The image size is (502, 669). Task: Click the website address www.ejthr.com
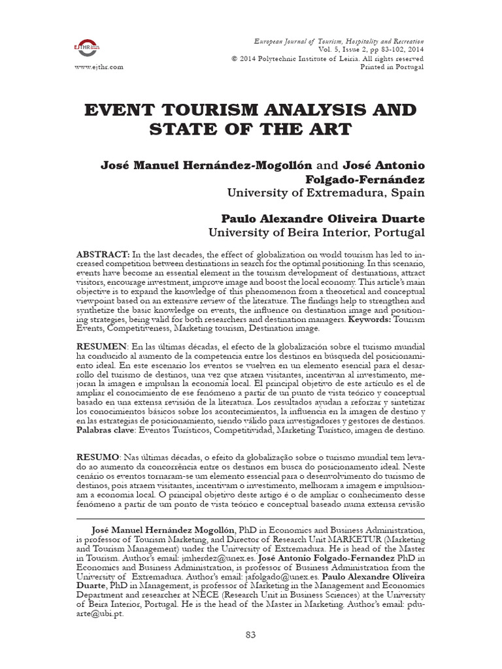99,67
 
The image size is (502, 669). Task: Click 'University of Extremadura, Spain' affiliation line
326,193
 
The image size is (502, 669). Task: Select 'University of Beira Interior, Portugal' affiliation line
316,232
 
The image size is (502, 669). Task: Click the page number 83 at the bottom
251,634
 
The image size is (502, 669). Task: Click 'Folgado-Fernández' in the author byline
365,178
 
